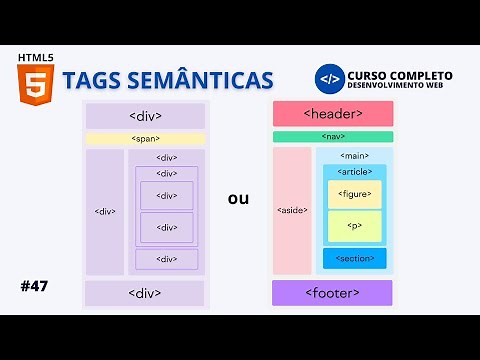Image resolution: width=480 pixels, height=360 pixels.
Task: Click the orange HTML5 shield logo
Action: (35, 82)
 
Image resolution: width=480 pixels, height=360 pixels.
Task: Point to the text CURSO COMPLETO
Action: (399, 75)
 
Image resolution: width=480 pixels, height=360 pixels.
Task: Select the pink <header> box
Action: (332, 114)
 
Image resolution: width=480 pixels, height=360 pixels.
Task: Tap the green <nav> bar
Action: (332, 137)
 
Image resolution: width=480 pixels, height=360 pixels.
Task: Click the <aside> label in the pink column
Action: (292, 211)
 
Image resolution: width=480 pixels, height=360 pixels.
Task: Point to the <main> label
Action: (354, 156)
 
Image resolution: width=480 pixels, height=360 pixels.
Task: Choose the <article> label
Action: (354, 171)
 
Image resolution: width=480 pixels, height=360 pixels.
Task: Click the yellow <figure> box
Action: (354, 194)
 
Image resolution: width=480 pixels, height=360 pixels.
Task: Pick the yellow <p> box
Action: (354, 226)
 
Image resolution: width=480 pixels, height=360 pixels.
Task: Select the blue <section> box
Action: (354, 258)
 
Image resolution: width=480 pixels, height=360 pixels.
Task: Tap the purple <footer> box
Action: (332, 293)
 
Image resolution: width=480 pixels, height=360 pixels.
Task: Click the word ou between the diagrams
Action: (238, 198)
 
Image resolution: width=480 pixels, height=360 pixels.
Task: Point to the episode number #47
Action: (34, 286)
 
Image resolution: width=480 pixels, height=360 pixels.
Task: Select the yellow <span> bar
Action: (145, 139)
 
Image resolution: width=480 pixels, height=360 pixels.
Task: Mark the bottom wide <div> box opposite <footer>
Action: (145, 293)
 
